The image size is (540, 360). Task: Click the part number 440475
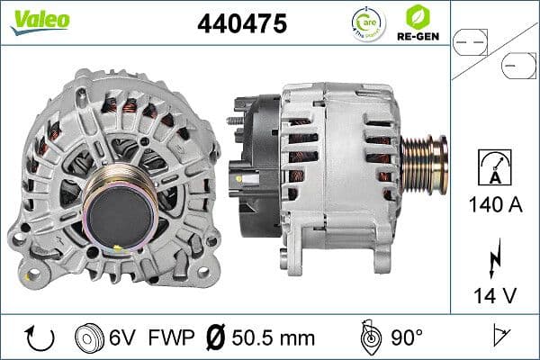coord(241,24)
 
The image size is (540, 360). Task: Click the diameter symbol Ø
coord(217,337)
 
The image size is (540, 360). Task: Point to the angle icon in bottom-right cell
coord(500,337)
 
